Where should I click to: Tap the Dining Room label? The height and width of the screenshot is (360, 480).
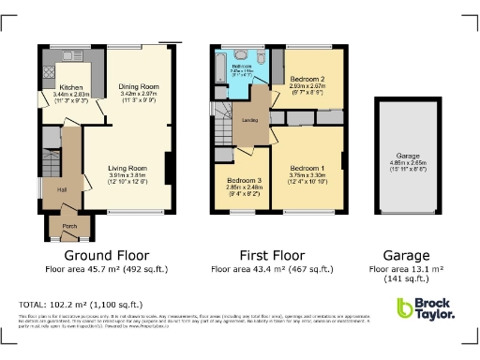139,87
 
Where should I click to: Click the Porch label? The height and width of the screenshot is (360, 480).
68,225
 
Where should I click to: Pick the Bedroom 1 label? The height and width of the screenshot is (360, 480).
307,167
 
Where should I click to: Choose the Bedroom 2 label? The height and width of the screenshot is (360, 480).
307,79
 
